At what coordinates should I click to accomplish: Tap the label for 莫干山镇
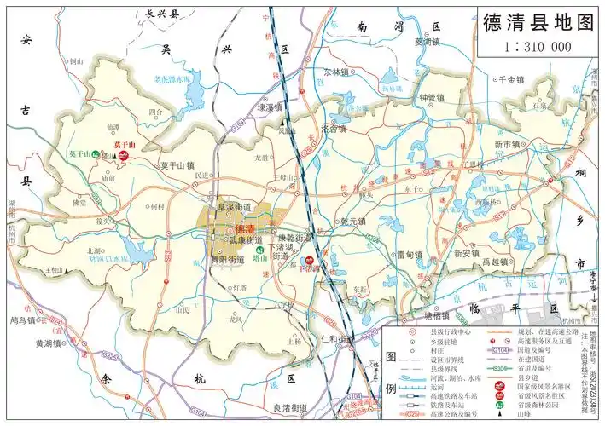pos(177,165)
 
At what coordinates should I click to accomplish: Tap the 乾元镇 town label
pos(352,221)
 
